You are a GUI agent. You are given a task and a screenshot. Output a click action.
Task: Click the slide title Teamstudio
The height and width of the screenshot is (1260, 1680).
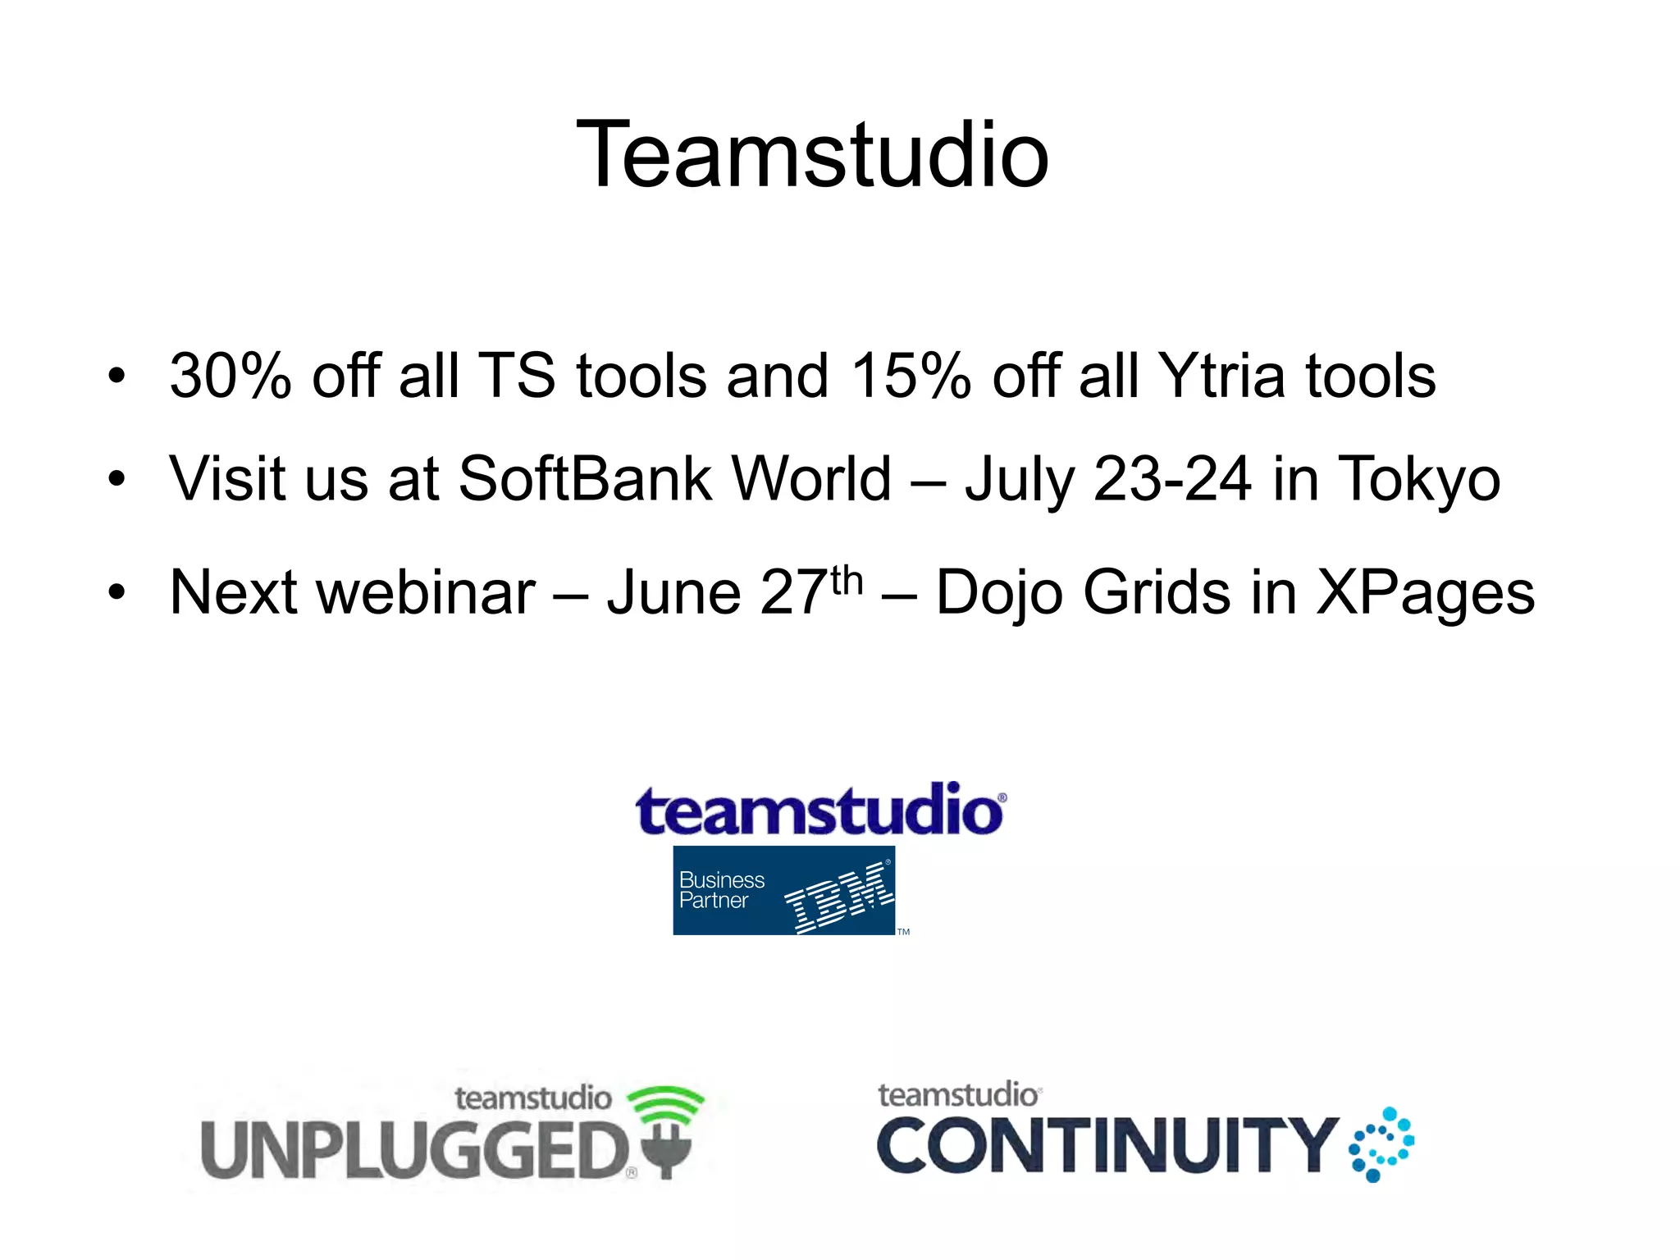coord(812,154)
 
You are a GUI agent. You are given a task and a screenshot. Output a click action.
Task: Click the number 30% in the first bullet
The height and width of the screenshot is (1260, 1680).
coord(230,376)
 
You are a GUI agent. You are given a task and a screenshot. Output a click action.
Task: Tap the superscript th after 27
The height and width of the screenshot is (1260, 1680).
coord(847,581)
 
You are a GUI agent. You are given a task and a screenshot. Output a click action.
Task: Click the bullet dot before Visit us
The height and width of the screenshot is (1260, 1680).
coord(117,478)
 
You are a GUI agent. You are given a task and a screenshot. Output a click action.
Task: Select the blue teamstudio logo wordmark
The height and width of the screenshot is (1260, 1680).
coord(819,810)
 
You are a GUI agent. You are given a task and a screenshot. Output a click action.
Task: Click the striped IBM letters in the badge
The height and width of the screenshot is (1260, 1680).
coord(838,897)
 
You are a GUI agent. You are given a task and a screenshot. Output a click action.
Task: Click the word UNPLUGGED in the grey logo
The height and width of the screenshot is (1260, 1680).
coord(414,1150)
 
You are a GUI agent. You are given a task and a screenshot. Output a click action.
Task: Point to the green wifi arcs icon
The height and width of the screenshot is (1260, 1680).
coord(665,1102)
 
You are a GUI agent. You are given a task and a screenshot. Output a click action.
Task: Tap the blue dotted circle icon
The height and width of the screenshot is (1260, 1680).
coord(1381,1144)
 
